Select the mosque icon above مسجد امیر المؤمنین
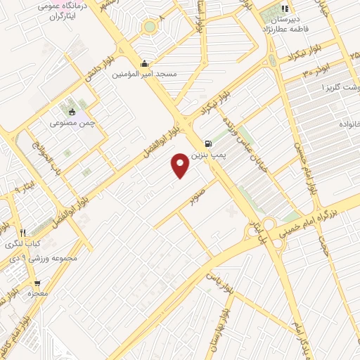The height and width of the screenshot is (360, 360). click(x=145, y=62)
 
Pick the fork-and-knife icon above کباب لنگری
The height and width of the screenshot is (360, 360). click(x=23, y=233)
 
